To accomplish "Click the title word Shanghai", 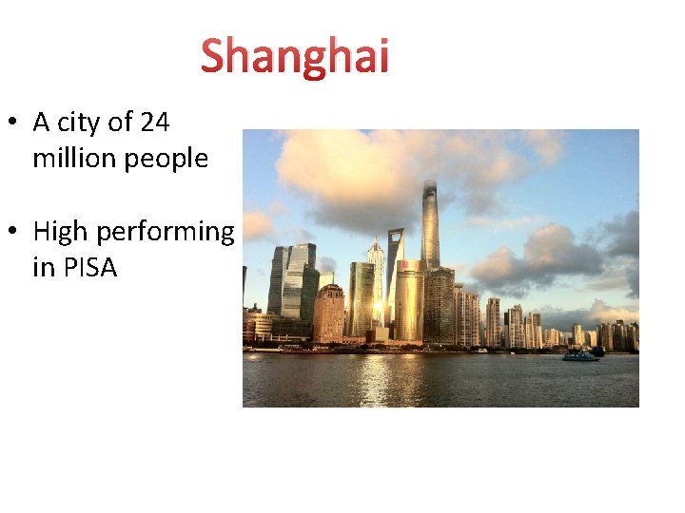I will (295, 56).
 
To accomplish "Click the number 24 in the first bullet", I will (155, 123).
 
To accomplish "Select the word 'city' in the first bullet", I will (80, 123).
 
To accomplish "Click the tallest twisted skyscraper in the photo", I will (430, 228).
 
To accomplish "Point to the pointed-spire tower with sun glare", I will (377, 275).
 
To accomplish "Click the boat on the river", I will (581, 355).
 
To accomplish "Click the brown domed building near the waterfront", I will (329, 313).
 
